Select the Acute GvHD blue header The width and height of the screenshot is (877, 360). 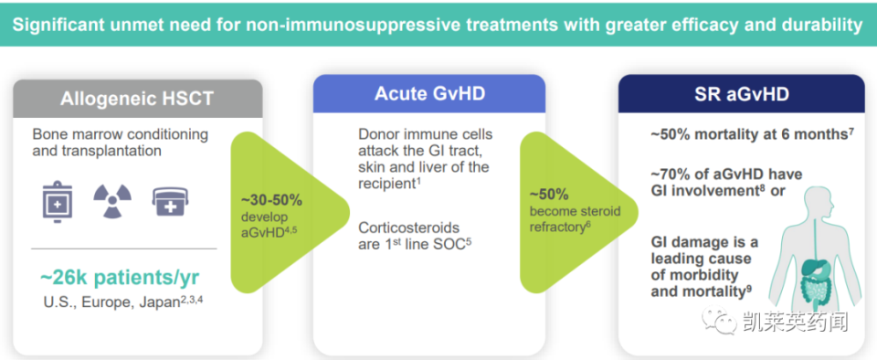pyautogui.click(x=428, y=94)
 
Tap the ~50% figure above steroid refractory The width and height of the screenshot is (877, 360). pyautogui.click(x=549, y=195)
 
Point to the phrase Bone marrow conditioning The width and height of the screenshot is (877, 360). pyautogui.click(x=120, y=134)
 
